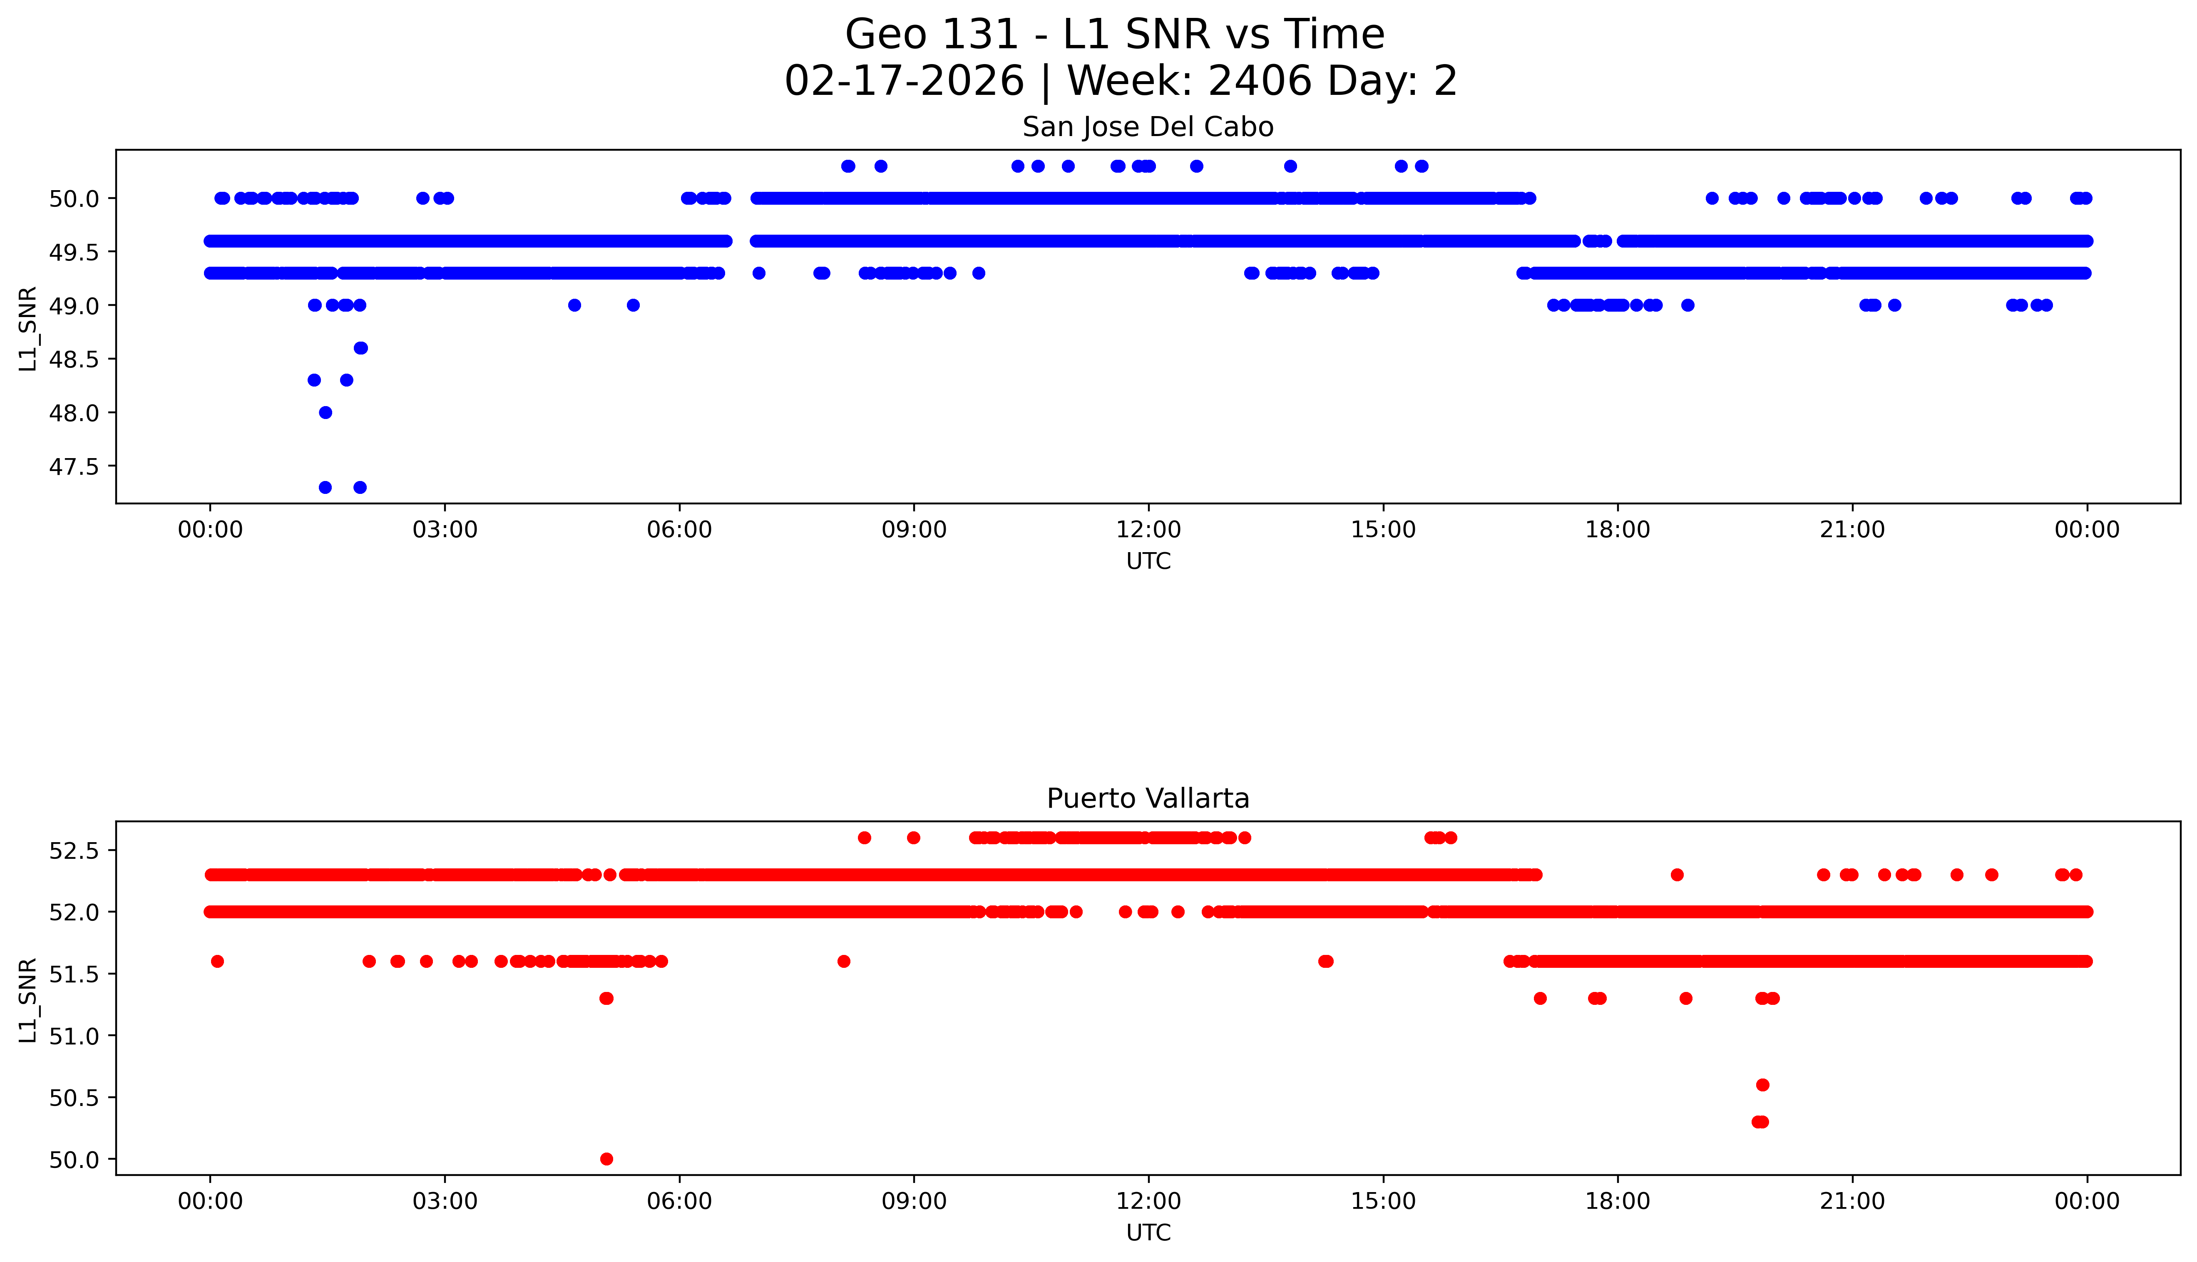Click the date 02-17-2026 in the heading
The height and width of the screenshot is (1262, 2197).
point(904,82)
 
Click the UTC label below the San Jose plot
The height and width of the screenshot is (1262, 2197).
point(1148,562)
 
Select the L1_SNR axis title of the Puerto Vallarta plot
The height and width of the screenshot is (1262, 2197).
point(28,999)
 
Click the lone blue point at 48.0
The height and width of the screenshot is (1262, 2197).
point(325,413)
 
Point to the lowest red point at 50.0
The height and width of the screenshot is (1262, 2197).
point(606,1159)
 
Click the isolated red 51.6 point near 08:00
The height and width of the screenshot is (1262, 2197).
point(844,961)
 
